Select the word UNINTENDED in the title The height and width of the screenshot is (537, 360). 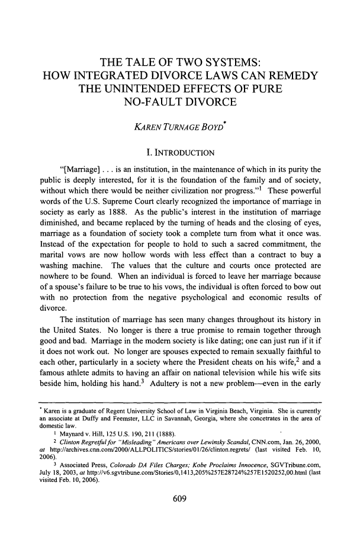pyautogui.click(x=163, y=91)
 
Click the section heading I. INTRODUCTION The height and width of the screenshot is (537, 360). pyautogui.click(x=180, y=147)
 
